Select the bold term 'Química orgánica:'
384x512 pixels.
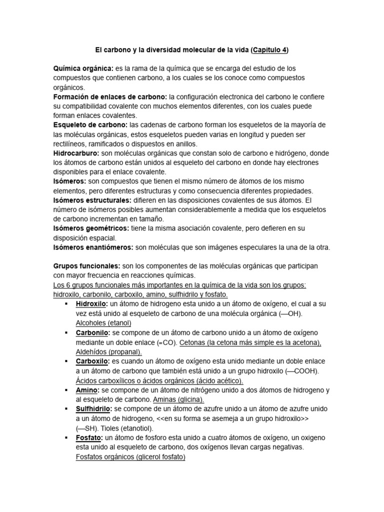(83, 68)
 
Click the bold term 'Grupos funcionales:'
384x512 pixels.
(87, 266)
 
